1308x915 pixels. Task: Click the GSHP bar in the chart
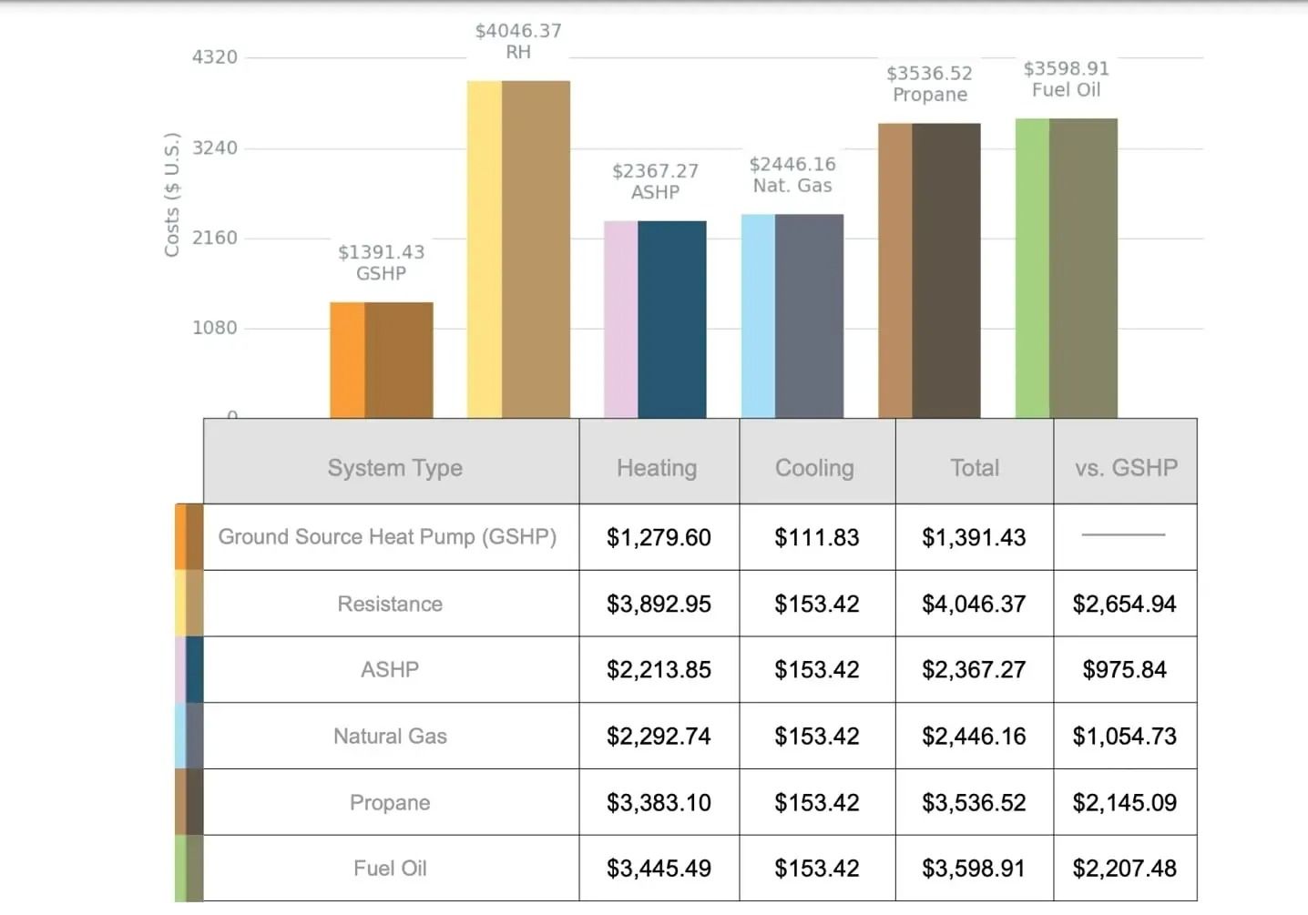coord(382,360)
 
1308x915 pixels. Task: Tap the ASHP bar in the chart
coord(655,319)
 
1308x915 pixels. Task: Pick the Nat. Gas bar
coord(792,316)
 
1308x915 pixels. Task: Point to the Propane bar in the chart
coord(929,270)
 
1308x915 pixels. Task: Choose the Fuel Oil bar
coord(1067,268)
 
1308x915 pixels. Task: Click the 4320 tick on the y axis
coord(215,57)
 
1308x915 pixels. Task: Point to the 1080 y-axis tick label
coord(215,328)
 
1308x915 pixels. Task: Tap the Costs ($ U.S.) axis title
coord(172,195)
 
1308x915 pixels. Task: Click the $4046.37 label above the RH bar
coord(518,31)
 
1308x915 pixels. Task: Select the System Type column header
coord(394,468)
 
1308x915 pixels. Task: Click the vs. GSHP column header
coord(1126,468)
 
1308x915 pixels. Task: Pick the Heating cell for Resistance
coord(659,604)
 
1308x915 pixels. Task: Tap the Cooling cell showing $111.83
coord(817,537)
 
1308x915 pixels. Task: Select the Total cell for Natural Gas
coord(974,736)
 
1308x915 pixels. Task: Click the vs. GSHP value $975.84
coord(1124,670)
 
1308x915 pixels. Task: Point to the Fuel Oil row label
coord(390,869)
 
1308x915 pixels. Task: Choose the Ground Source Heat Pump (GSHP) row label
coord(387,537)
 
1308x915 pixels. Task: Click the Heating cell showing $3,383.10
coord(659,802)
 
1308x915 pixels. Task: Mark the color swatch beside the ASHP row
coord(189,670)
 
